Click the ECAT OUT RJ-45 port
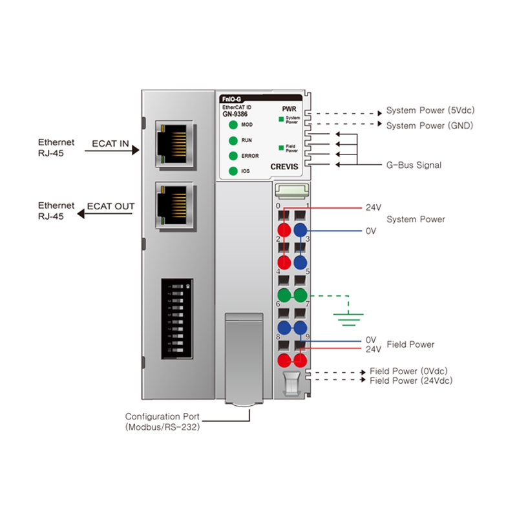pos(176,203)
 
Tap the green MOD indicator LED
pos(233,124)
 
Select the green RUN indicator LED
pos(233,140)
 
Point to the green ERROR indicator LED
pos(233,156)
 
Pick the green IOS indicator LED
pos(233,171)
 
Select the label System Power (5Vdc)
pos(428,111)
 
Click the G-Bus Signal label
pos(414,165)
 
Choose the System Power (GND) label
pos(429,125)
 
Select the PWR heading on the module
pos(289,109)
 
